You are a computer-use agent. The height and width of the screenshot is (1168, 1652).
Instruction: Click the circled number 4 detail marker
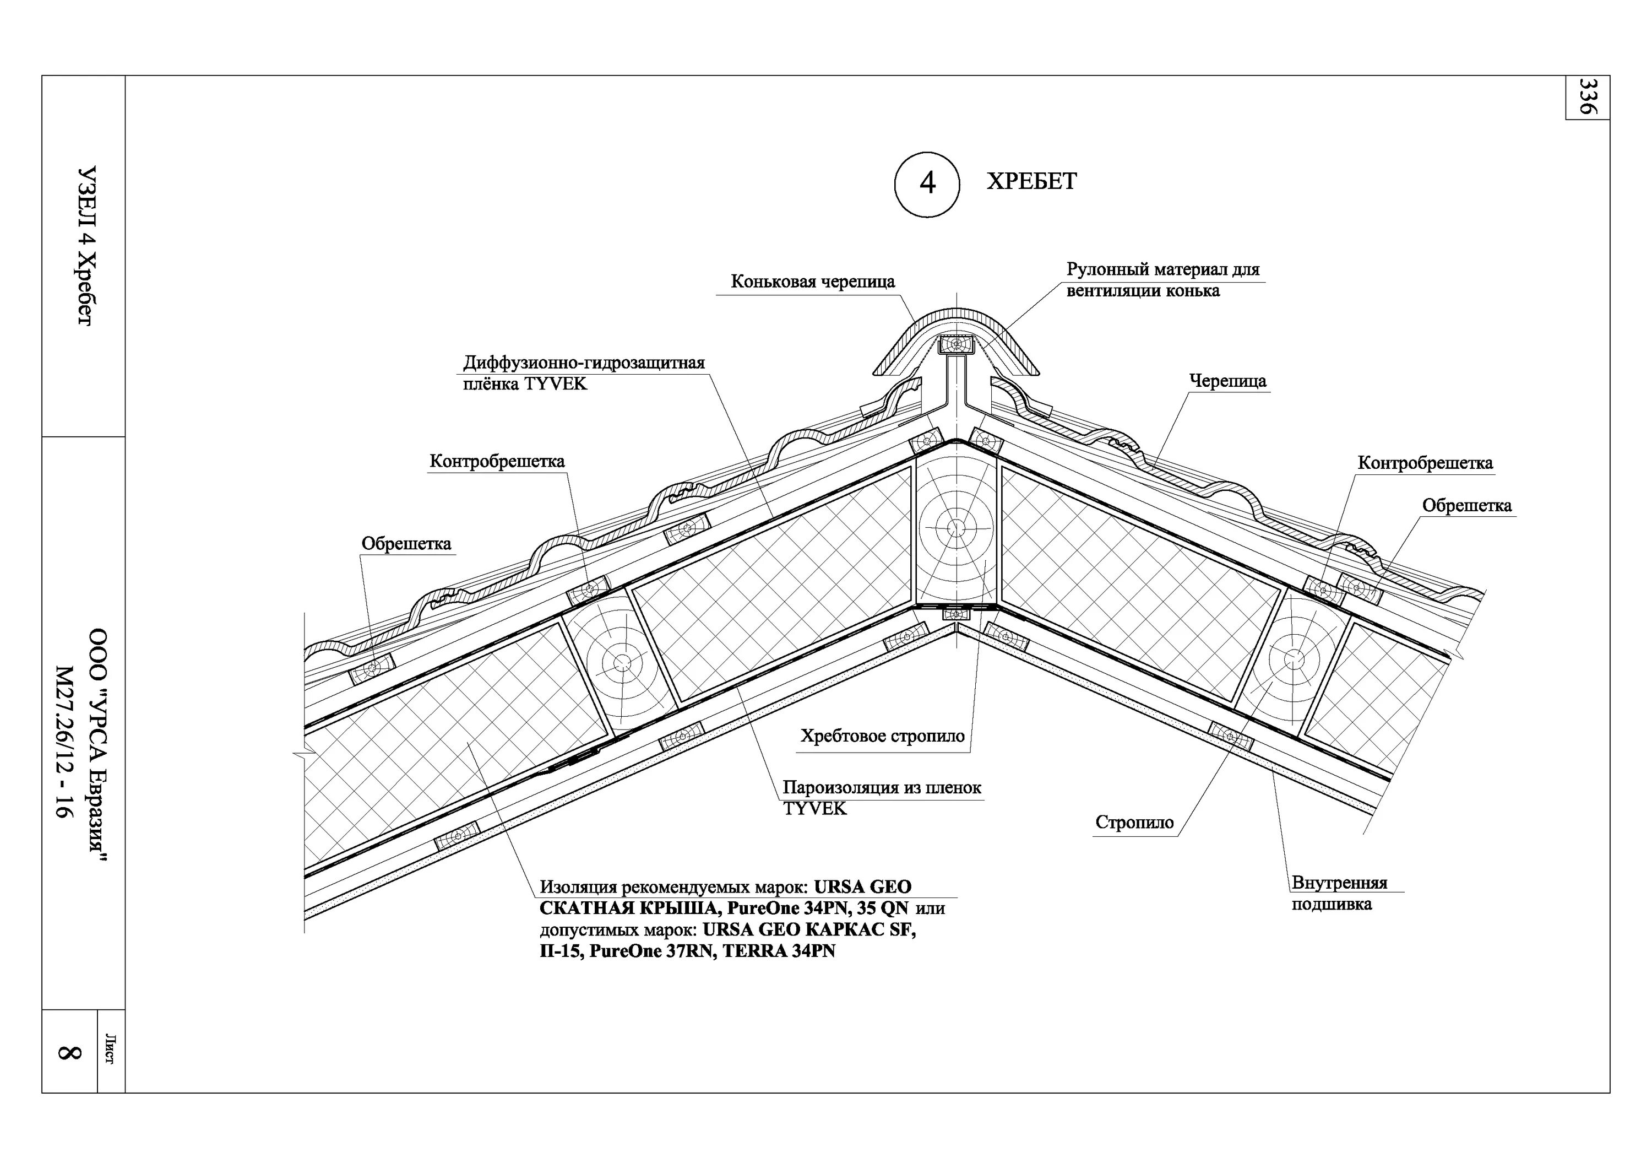[927, 184]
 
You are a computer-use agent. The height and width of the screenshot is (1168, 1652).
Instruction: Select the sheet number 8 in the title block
[69, 1052]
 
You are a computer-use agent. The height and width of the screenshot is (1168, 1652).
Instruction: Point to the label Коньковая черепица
[812, 282]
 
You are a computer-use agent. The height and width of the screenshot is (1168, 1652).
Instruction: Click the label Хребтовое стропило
[882, 736]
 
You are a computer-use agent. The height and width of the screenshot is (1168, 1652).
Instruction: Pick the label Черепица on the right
[1227, 381]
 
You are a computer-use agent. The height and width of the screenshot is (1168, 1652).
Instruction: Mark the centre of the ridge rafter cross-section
[955, 527]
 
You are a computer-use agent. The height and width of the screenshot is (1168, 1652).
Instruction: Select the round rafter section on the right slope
[1293, 658]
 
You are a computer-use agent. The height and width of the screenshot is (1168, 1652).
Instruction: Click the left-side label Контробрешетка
[497, 461]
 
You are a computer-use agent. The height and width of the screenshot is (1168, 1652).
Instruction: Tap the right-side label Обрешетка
[1466, 506]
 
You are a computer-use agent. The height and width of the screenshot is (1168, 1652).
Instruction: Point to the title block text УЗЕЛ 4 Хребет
[85, 246]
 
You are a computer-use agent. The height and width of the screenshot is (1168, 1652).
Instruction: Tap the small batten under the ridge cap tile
[955, 345]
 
